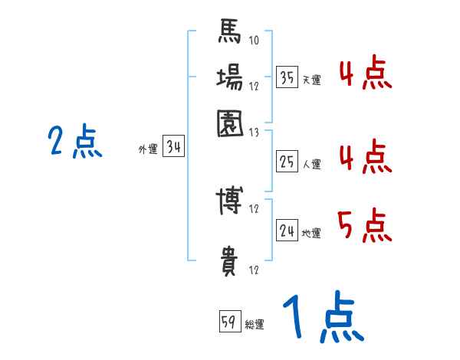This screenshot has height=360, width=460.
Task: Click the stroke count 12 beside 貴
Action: (x=254, y=270)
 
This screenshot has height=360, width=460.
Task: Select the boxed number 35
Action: (x=287, y=77)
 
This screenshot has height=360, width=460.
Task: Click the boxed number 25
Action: (x=287, y=162)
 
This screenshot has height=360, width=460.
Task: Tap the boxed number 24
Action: (x=287, y=231)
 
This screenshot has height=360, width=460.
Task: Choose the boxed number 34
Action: (x=173, y=148)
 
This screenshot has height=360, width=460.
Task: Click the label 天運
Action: (x=310, y=80)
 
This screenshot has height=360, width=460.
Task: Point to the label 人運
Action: (x=311, y=164)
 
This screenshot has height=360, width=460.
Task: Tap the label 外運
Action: (x=147, y=150)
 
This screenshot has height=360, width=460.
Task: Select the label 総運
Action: (x=254, y=324)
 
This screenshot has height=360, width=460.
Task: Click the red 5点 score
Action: (x=365, y=225)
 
